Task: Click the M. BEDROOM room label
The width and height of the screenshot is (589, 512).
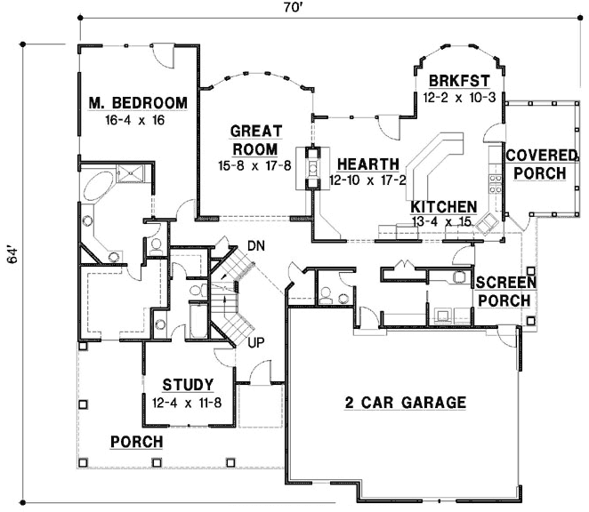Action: coord(138,104)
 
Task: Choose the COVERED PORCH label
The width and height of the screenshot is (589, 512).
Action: coord(536,164)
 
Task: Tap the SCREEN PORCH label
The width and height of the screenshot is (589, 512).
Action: coord(504,291)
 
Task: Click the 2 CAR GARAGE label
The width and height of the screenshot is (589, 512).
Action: coord(405,403)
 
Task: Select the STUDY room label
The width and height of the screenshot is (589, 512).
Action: coord(187,385)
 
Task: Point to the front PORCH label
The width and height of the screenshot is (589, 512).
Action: coord(136,441)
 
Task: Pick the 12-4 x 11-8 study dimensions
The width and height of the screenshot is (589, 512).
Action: coord(187,401)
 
